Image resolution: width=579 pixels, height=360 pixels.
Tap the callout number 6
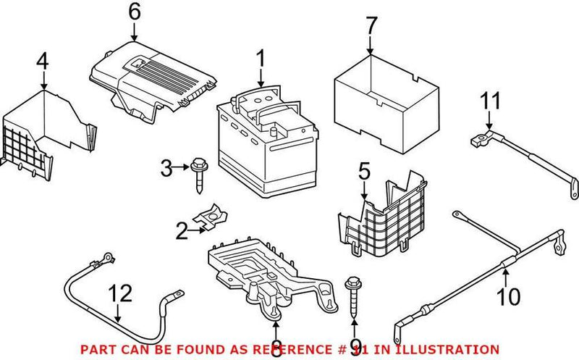point(133,12)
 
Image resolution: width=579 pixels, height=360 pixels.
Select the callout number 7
point(371,26)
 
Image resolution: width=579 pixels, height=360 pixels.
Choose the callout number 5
point(364,171)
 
